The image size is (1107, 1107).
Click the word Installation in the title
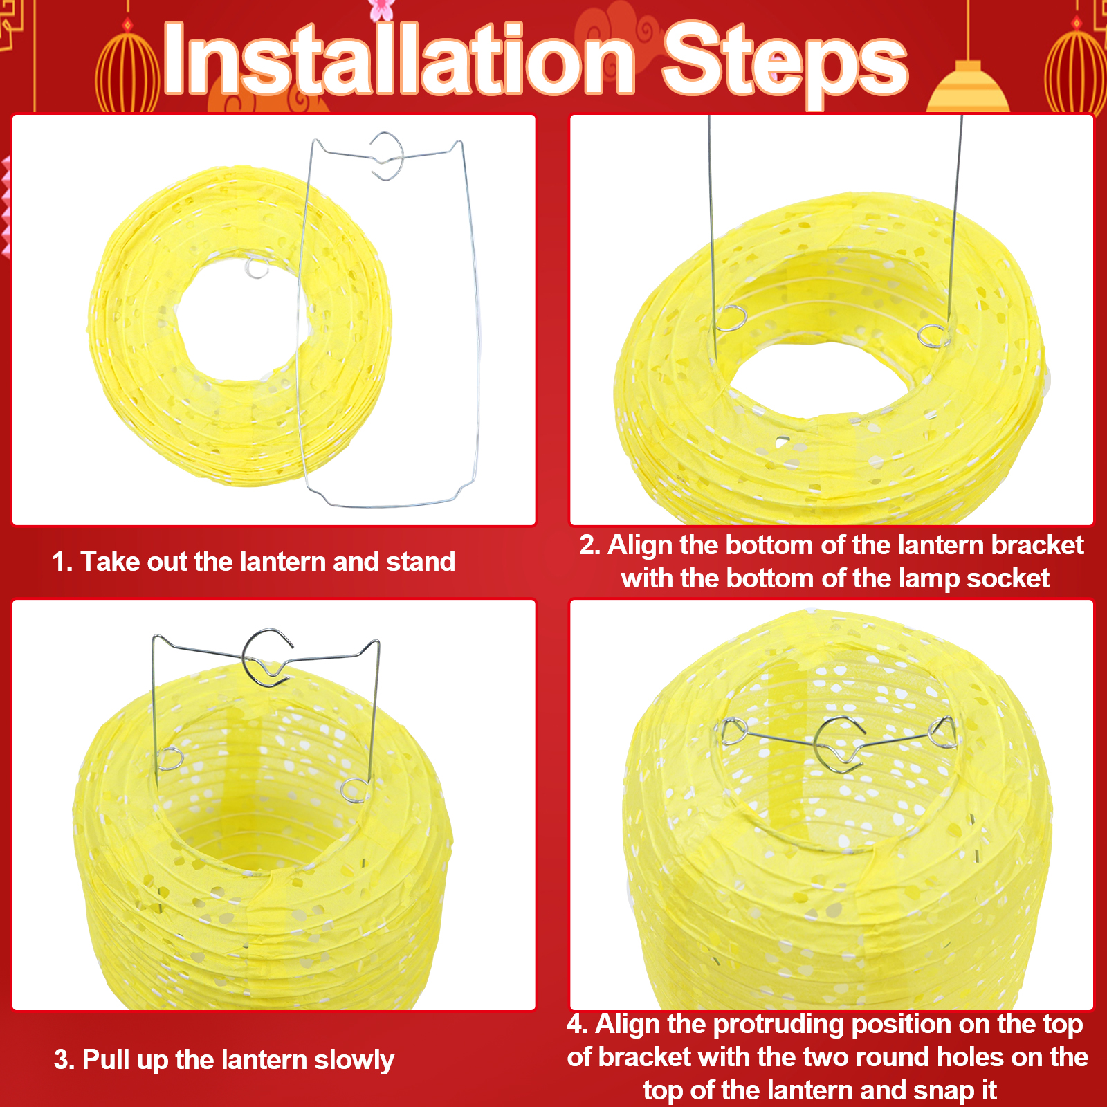click(x=399, y=59)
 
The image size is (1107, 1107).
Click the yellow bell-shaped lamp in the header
click(x=968, y=89)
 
